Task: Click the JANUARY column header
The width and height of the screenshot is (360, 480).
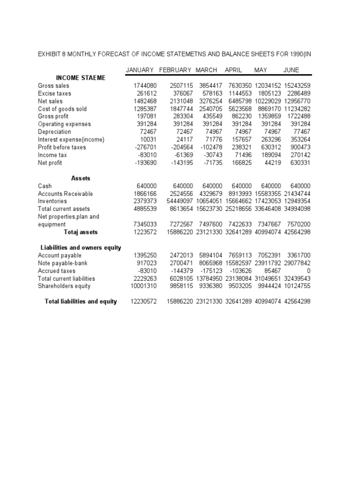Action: (x=140, y=70)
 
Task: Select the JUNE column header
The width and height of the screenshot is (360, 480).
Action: (x=291, y=70)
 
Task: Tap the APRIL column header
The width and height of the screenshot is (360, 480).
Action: (x=233, y=70)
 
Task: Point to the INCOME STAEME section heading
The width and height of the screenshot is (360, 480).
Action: (x=81, y=78)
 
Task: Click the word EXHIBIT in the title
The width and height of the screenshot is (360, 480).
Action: (x=50, y=54)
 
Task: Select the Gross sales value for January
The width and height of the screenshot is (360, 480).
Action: (x=144, y=86)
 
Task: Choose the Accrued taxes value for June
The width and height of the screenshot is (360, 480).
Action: (x=307, y=271)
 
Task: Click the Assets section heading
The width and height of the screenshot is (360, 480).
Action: (x=81, y=179)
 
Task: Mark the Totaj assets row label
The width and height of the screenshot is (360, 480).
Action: (x=81, y=232)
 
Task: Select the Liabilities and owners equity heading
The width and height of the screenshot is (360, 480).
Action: (x=81, y=247)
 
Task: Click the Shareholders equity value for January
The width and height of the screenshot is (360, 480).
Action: (x=143, y=286)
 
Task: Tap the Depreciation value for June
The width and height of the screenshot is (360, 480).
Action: (x=300, y=132)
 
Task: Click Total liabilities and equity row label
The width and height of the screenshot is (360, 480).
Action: (x=81, y=301)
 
